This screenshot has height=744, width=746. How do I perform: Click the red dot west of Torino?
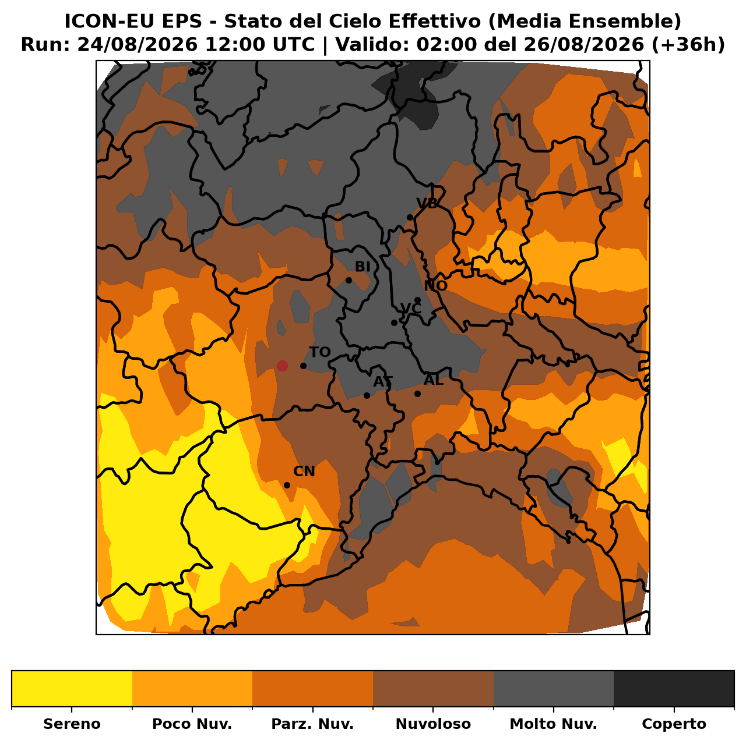(x=282, y=366)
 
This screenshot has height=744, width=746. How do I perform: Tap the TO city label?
(x=320, y=352)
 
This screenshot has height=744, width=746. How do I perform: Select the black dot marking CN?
(x=287, y=486)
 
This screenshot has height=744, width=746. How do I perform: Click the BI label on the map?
(x=363, y=267)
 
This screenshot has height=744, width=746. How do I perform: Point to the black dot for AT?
(x=367, y=396)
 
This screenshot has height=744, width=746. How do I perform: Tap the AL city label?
(x=433, y=381)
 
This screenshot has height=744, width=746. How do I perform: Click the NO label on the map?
(x=435, y=286)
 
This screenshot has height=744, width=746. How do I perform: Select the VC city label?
(x=411, y=309)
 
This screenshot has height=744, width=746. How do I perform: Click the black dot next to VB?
(x=410, y=218)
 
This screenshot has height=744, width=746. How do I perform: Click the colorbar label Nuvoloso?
(x=433, y=724)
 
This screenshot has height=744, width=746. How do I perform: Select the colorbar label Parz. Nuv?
(x=312, y=724)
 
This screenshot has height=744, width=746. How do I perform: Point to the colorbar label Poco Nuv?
(x=192, y=724)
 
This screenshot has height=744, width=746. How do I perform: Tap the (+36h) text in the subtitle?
(x=688, y=45)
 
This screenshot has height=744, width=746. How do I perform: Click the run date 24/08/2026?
(x=138, y=45)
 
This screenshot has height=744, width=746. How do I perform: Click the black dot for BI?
(x=349, y=280)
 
